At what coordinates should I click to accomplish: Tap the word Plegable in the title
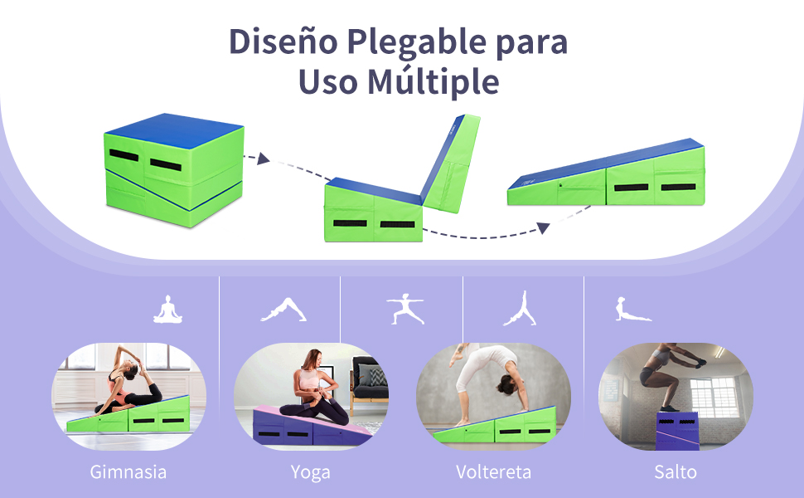(416, 43)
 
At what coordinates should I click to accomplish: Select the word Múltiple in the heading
(433, 82)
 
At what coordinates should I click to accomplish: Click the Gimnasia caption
(128, 472)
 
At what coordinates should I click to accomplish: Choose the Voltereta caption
(493, 471)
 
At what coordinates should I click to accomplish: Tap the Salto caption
(676, 471)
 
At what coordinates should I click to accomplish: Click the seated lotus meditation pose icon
(167, 310)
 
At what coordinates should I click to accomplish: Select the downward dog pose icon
(283, 310)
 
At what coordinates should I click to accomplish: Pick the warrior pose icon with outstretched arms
(405, 309)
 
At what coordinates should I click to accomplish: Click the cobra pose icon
(632, 309)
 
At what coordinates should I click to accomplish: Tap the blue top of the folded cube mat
(174, 130)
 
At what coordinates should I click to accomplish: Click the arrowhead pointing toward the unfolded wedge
(544, 227)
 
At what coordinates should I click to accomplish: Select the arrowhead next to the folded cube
(263, 159)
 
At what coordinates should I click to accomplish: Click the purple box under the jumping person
(677, 431)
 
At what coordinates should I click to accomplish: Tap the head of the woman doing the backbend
(506, 384)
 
